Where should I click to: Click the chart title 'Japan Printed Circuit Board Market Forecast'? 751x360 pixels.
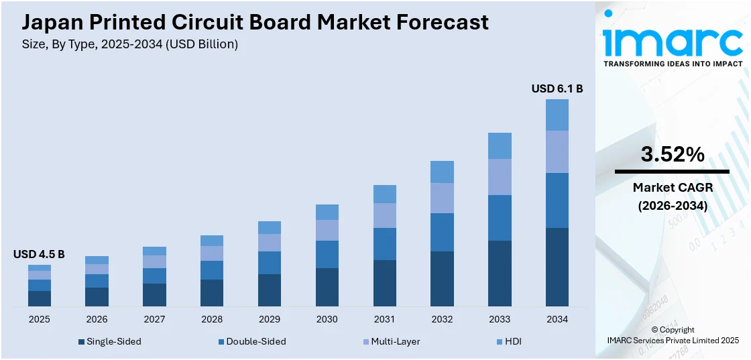(255, 22)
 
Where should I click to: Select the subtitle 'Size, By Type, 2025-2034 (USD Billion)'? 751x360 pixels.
(129, 44)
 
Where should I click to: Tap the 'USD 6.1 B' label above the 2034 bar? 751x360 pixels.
(557, 88)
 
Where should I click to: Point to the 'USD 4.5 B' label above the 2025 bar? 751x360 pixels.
(39, 254)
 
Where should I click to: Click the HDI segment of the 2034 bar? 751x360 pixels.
(557, 115)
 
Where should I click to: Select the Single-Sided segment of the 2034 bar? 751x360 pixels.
(557, 267)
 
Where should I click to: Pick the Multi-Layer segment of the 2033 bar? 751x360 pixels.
(500, 177)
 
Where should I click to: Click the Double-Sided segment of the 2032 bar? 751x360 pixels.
(442, 232)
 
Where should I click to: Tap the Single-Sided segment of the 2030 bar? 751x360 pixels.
(327, 287)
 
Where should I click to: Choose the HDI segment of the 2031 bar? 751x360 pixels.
(384, 194)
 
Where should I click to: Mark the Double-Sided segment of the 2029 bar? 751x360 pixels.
(269, 263)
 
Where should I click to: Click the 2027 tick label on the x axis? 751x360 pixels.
(154, 319)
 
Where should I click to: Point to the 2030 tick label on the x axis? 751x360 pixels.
(327, 319)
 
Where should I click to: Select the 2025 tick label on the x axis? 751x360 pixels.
(39, 319)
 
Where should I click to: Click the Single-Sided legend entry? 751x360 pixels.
(110, 341)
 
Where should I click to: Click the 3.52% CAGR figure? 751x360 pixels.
(673, 155)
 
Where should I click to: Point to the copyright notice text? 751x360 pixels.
(673, 335)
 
